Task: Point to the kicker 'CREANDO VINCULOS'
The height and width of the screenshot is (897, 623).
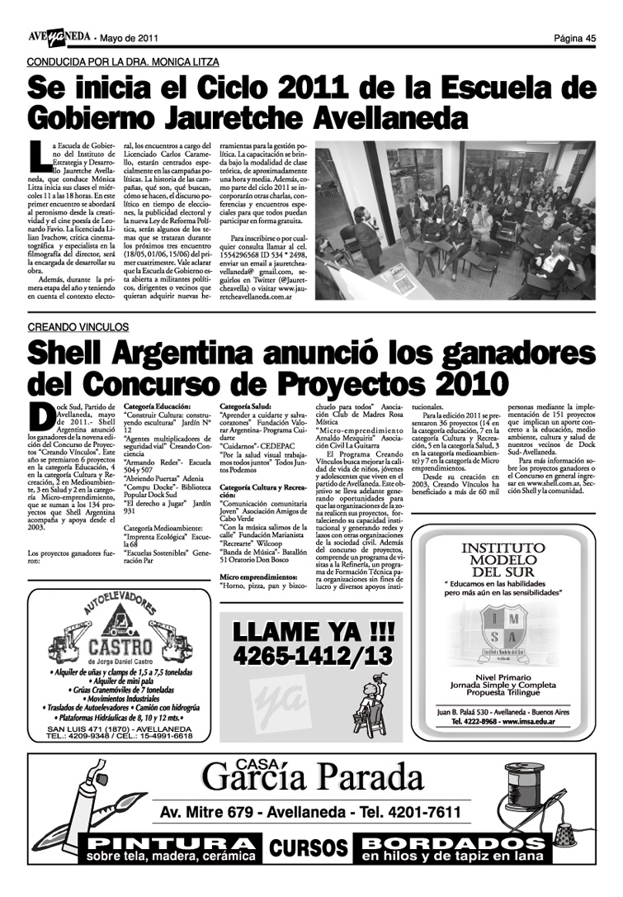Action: point(78,328)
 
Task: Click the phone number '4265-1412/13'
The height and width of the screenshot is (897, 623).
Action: point(313,657)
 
